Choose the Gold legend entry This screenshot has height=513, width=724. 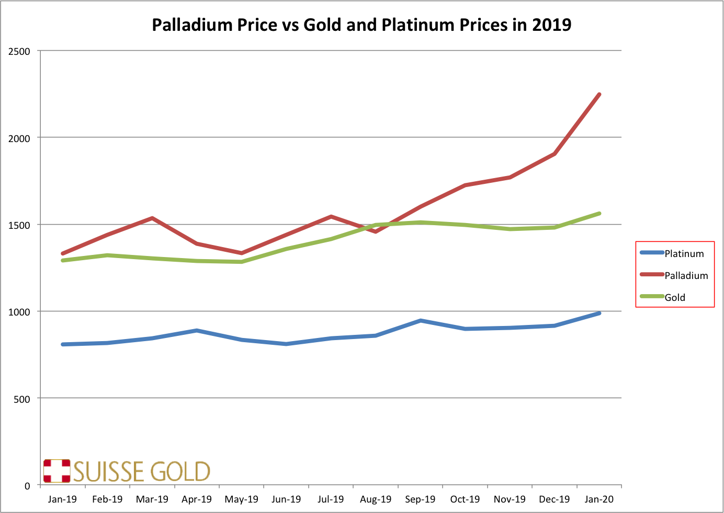(x=674, y=298)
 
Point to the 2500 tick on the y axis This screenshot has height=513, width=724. (x=20, y=51)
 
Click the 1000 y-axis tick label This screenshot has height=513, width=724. (x=20, y=312)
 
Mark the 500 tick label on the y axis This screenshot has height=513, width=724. (x=22, y=399)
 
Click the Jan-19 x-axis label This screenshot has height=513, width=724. (x=62, y=499)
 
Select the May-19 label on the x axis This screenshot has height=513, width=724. (x=241, y=499)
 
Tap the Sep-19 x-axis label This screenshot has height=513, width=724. (x=420, y=499)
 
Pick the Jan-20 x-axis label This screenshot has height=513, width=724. (x=599, y=499)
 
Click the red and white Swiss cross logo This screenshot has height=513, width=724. (x=56, y=471)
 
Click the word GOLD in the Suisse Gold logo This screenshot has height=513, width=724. (x=180, y=472)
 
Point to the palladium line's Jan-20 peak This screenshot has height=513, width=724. (x=599, y=95)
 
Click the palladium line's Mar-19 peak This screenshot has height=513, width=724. (x=152, y=218)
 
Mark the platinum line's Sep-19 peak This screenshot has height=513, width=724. (x=421, y=320)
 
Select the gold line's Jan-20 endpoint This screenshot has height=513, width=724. (x=599, y=213)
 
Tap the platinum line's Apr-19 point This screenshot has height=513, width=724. (x=197, y=330)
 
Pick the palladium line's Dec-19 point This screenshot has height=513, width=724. (x=555, y=154)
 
